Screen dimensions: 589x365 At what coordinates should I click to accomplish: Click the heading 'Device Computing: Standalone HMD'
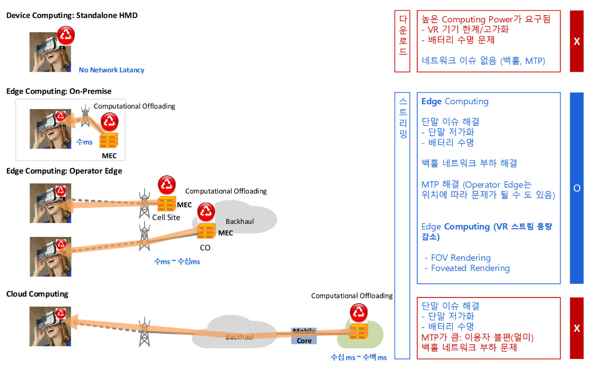pos(72,16)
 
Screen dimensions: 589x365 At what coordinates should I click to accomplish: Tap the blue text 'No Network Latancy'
pos(111,70)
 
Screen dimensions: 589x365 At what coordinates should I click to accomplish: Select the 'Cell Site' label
pos(166,218)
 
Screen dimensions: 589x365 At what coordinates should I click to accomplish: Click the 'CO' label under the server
pos(205,248)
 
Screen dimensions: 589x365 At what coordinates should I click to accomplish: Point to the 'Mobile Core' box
pos(304,336)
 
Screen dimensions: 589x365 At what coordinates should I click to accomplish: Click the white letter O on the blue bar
pos(577,188)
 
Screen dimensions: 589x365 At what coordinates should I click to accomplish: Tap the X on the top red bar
pos(577,41)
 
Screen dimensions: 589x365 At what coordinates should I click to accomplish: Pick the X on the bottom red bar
pos(577,328)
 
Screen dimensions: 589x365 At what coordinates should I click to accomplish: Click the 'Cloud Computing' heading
pos(37,294)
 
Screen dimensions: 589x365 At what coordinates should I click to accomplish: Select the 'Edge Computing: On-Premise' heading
pos(59,91)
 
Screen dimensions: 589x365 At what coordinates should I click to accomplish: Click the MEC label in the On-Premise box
pos(109,156)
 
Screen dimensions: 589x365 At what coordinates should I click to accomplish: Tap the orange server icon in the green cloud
pos(359,331)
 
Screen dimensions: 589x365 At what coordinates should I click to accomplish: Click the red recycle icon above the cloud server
pos(359,312)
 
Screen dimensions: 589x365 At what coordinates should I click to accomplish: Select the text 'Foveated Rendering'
pos(470,268)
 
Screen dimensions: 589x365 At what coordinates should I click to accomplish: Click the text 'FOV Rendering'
pos(461,258)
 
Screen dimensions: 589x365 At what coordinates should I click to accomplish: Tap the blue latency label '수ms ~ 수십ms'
pos(177,262)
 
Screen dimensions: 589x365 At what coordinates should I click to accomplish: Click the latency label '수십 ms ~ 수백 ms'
pos(359,357)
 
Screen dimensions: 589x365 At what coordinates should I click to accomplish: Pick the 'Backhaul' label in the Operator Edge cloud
pos(240,222)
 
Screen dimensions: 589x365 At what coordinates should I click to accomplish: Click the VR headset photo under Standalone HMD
pos(50,52)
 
